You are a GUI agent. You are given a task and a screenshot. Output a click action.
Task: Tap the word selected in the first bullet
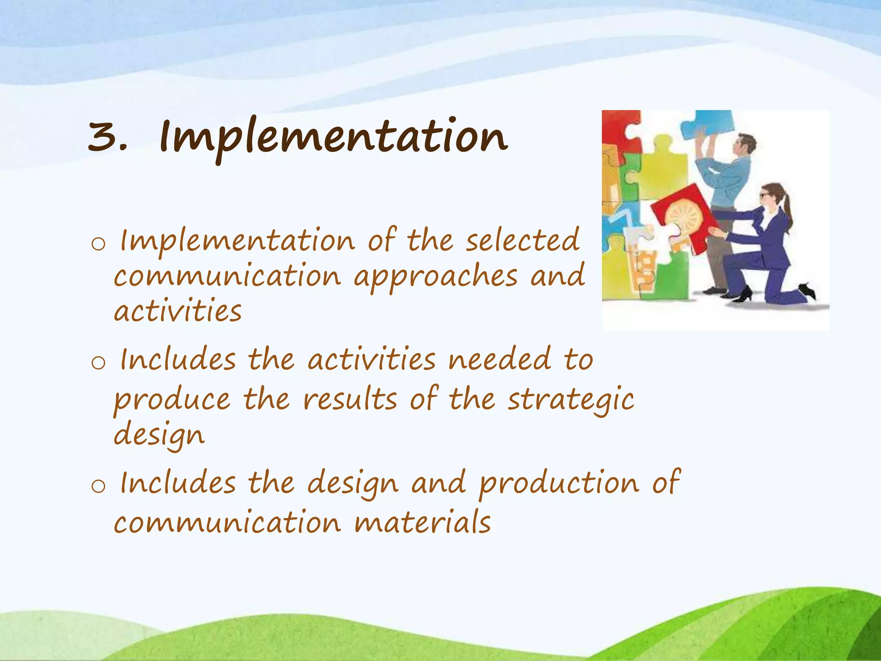pos(523,241)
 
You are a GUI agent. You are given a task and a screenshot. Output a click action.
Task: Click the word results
pos(350,399)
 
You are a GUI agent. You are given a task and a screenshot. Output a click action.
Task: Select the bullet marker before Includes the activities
pos(98,363)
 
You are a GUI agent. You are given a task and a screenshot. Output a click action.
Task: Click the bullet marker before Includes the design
pos(98,486)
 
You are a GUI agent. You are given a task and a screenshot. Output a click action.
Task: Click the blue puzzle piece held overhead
pos(705,124)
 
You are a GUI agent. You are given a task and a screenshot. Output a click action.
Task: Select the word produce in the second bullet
pos(172,400)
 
